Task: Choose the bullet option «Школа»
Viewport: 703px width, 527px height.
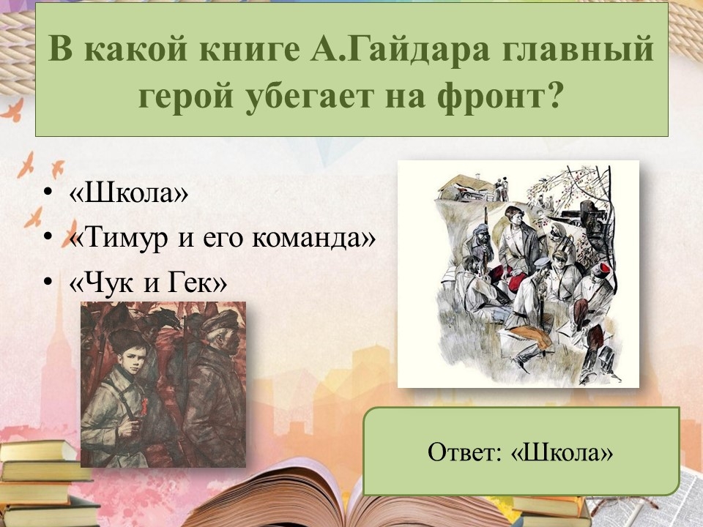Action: pyautogui.click(x=129, y=193)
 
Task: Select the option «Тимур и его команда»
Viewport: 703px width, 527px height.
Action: pyautogui.click(x=223, y=236)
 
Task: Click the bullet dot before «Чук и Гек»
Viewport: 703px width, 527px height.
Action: pyautogui.click(x=48, y=282)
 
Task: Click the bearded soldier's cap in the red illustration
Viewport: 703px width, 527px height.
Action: pyautogui.click(x=220, y=321)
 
